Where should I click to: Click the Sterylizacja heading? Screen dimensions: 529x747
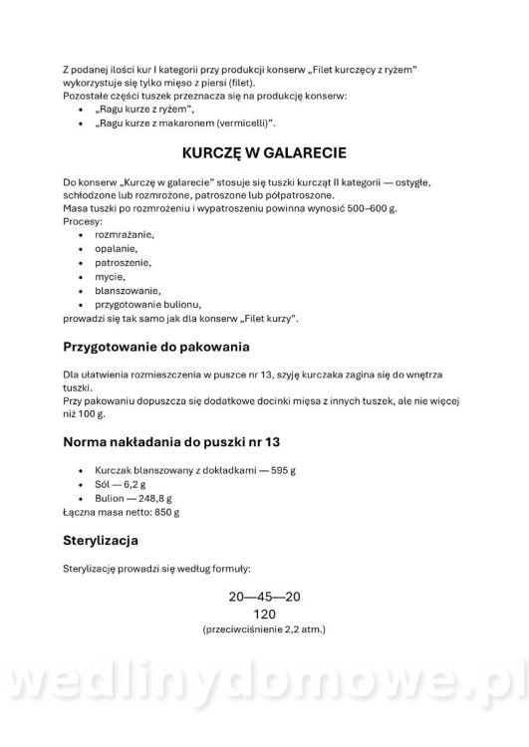point(114,541)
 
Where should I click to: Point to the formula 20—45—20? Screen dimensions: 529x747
point(264,597)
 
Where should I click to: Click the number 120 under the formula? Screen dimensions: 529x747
point(264,614)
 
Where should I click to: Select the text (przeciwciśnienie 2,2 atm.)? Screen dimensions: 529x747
point(264,630)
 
